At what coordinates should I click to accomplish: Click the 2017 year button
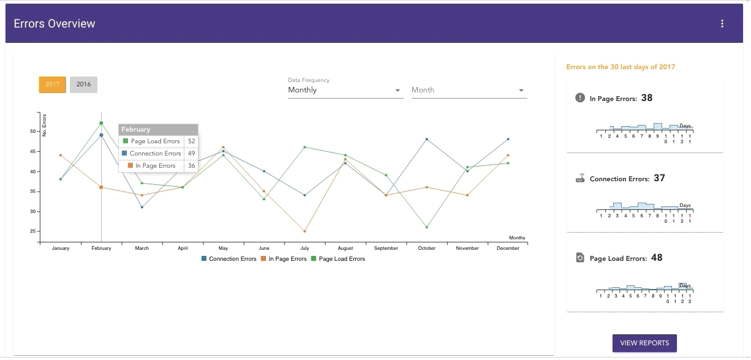click(52, 84)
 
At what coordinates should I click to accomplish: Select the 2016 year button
click(83, 84)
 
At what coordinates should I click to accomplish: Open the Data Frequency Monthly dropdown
click(345, 90)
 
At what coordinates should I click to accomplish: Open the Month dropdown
click(469, 90)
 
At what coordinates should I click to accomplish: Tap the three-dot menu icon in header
click(722, 24)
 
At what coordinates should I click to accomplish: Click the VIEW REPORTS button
click(644, 343)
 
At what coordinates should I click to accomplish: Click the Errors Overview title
click(55, 24)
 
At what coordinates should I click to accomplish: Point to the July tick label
click(304, 249)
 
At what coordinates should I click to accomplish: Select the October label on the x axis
click(427, 249)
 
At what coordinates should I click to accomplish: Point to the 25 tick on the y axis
click(32, 231)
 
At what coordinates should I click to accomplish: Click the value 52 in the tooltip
click(191, 141)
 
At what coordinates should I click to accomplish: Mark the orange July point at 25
click(304, 231)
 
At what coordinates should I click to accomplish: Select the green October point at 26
click(427, 227)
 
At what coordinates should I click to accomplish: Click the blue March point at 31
click(142, 207)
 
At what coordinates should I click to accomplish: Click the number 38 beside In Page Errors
click(646, 98)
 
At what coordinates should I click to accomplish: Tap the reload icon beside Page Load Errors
click(580, 258)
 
